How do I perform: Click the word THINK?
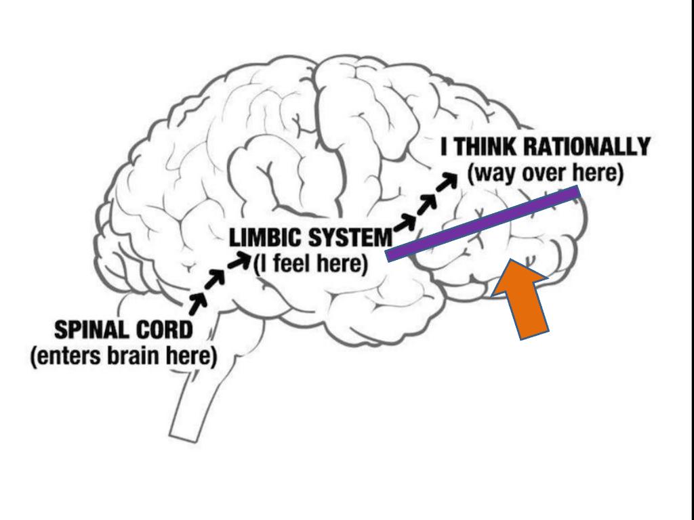(x=486, y=147)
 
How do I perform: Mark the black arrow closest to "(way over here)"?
(x=447, y=181)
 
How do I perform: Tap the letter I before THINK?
(x=445, y=147)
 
